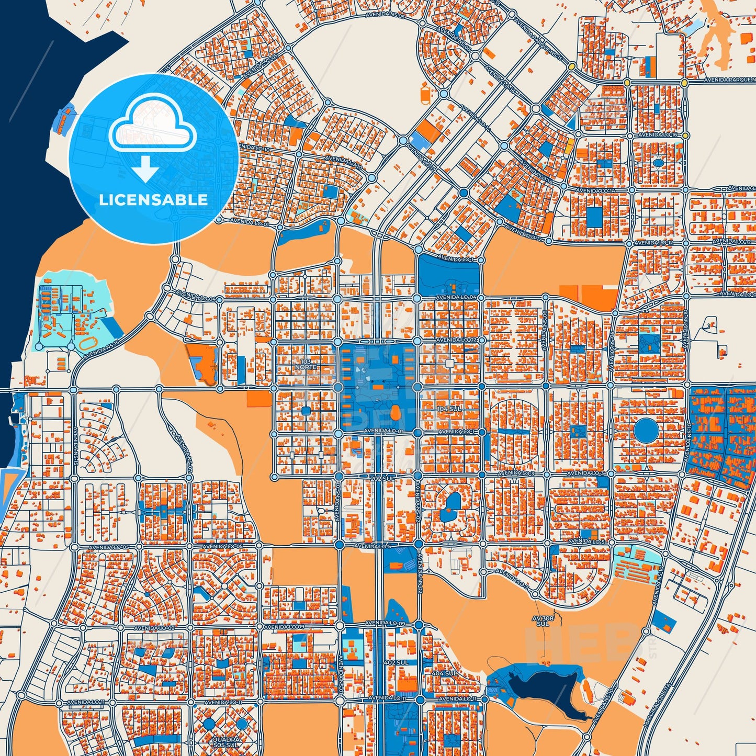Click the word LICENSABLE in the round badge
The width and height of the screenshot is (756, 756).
pos(153,200)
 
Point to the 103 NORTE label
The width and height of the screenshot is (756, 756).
pos(306,365)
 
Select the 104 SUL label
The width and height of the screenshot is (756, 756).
pos(449,408)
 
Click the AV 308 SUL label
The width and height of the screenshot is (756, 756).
pos(543,621)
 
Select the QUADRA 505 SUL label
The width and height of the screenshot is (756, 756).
pos(227,742)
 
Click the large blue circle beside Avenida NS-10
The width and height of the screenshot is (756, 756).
pos(646,431)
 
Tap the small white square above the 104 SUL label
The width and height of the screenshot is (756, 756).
pos(449,362)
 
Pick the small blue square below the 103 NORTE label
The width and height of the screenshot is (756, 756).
pos(306,411)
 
